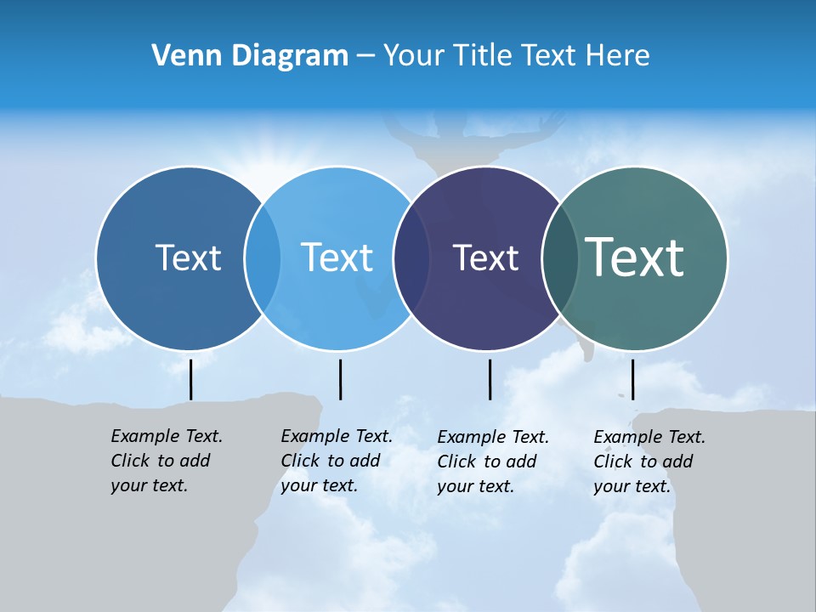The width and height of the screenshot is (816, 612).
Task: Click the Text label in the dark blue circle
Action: [x=188, y=258]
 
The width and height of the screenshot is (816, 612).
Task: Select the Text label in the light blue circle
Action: [x=337, y=258]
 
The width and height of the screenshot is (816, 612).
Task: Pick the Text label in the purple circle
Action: [x=485, y=258]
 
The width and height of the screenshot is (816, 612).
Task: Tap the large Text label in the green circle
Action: [x=635, y=258]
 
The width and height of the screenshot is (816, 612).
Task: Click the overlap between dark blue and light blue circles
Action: [x=263, y=258]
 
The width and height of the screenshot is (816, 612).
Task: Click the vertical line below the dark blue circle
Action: [x=190, y=379]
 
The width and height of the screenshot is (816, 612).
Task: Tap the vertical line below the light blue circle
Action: [x=340, y=379]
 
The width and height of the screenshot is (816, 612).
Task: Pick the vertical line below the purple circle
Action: [x=490, y=379]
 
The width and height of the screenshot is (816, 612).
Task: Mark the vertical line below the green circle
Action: [x=632, y=379]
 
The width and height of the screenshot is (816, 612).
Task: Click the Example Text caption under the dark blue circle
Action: [x=167, y=461]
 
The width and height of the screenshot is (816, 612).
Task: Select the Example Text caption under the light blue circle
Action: [x=337, y=461]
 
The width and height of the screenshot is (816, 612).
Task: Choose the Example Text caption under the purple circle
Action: [x=493, y=462]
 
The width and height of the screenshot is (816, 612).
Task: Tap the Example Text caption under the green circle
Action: [x=649, y=462]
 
